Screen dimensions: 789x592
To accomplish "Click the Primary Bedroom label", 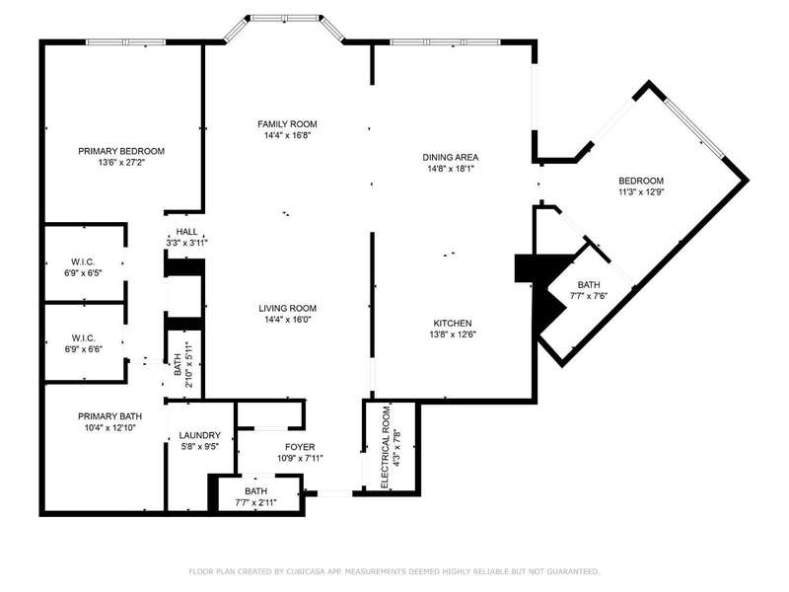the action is tap(121, 151).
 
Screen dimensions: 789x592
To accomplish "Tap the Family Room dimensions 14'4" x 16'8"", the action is tap(287, 135).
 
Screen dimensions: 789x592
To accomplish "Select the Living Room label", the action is tap(287, 308).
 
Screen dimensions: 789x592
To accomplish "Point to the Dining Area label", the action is tap(451, 158).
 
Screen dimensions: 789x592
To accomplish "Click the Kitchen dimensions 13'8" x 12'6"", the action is tap(453, 334).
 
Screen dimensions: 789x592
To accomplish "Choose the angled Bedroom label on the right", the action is tap(641, 181).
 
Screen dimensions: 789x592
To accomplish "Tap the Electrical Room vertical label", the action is tap(386, 447).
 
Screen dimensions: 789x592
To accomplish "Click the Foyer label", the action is tap(300, 447).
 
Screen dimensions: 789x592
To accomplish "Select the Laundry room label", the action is tap(200, 435).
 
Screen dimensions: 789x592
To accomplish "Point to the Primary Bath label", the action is tap(109, 416).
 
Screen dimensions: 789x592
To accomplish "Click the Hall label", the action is tap(186, 232).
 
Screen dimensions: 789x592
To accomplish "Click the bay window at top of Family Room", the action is tap(285, 19).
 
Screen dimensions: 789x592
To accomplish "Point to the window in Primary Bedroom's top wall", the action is tap(126, 42).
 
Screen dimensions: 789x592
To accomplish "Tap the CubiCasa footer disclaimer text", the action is tap(394, 571).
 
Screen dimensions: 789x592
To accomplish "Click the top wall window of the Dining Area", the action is tap(446, 42).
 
